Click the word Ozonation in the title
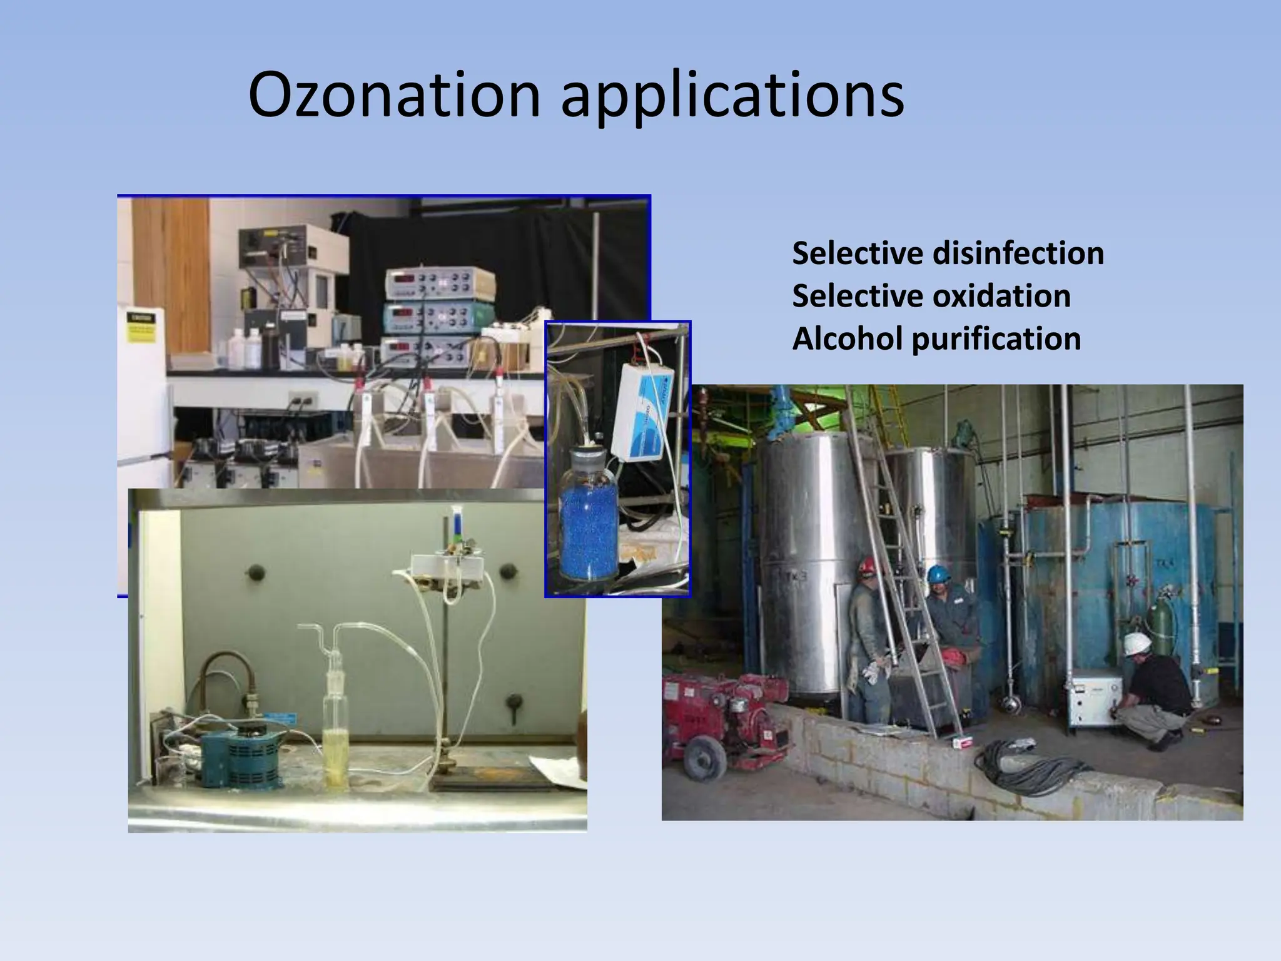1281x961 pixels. coord(394,95)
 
